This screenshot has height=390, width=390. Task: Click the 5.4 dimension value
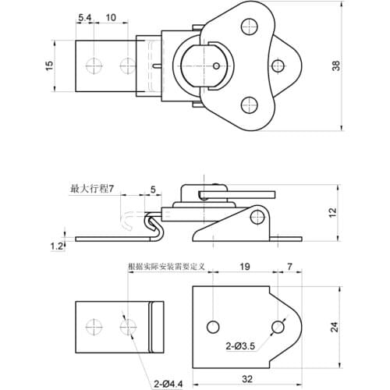tap(85, 17)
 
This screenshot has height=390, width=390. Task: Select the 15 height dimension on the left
tap(48, 66)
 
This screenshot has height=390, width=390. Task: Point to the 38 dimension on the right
tap(337, 66)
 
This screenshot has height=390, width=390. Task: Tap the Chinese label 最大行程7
tap(92, 189)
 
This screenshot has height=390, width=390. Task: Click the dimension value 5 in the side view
tap(153, 189)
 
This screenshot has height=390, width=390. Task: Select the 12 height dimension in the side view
tap(331, 212)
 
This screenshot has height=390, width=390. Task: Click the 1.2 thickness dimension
tap(56, 246)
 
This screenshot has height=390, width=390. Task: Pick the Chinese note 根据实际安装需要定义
tap(166, 266)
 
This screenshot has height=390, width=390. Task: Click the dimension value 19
tap(244, 267)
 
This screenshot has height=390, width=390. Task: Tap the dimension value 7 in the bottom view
tap(290, 267)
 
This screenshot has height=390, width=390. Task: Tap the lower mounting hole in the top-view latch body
tap(249, 103)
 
